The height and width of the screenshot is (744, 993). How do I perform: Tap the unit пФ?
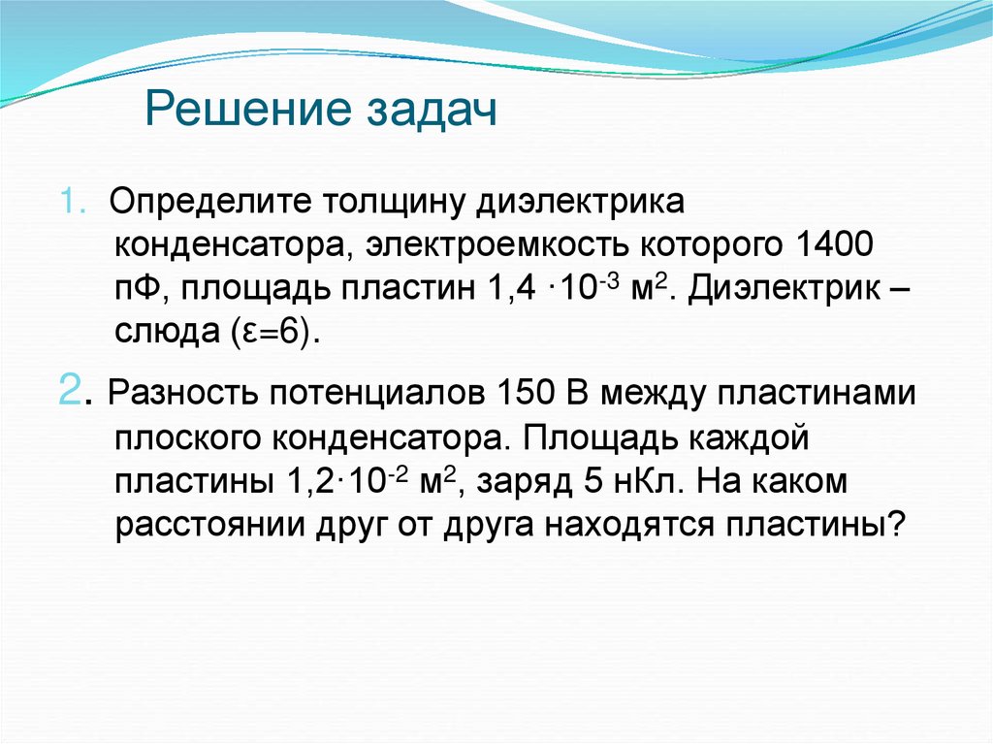coord(140,289)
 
